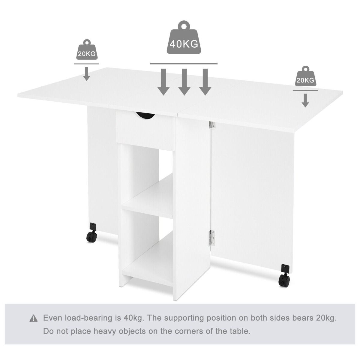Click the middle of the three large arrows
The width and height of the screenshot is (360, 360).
[x=184, y=82]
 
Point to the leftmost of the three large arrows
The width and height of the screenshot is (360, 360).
[x=163, y=82]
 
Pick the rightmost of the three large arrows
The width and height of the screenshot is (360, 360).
[x=205, y=82]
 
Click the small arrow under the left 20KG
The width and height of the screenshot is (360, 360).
[x=87, y=74]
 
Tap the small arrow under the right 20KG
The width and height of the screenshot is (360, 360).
[x=305, y=100]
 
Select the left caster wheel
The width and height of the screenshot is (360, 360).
[x=92, y=233]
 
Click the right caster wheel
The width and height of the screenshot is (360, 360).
[x=284, y=276]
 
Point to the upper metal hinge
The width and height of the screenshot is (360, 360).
[x=212, y=125]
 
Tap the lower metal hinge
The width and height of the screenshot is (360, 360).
[x=212, y=238]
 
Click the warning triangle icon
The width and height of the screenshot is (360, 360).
[x=33, y=318]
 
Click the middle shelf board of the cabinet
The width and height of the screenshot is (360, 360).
[x=148, y=196]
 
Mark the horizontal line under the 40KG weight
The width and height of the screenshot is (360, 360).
[x=184, y=64]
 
